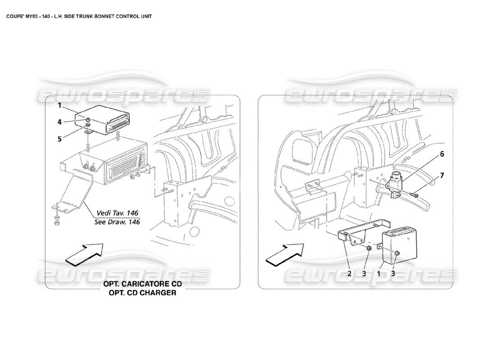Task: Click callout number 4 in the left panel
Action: pyautogui.click(x=59, y=121)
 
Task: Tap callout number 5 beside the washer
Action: pyautogui.click(x=59, y=139)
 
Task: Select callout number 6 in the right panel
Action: pyautogui.click(x=442, y=154)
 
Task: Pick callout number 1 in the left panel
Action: pyautogui.click(x=59, y=106)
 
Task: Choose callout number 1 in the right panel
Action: pyautogui.click(x=380, y=273)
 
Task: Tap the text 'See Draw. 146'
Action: pyautogui.click(x=117, y=222)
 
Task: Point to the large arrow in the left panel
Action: pyautogui.click(x=84, y=253)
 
